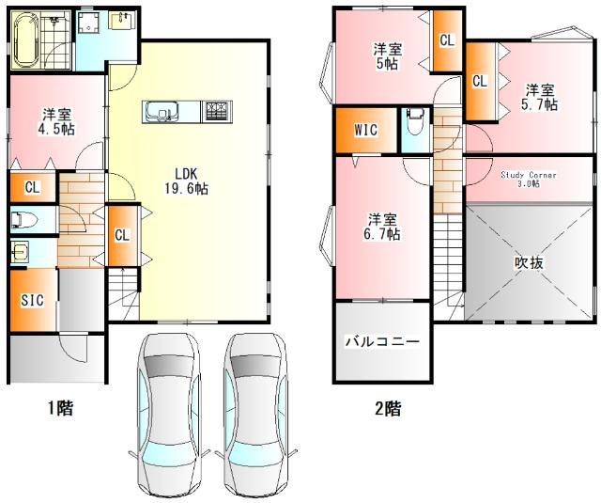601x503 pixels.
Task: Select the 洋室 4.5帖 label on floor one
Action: [56, 122]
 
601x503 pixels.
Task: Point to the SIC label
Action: [32, 300]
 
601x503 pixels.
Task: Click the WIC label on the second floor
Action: [366, 131]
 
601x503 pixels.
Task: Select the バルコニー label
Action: [384, 342]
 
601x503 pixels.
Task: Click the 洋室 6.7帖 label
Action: [382, 226]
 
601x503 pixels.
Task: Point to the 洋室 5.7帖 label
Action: [539, 97]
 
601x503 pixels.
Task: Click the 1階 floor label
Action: [61, 408]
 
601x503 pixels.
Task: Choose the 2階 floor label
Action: [387, 408]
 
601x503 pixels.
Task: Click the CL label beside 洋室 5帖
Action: [446, 40]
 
